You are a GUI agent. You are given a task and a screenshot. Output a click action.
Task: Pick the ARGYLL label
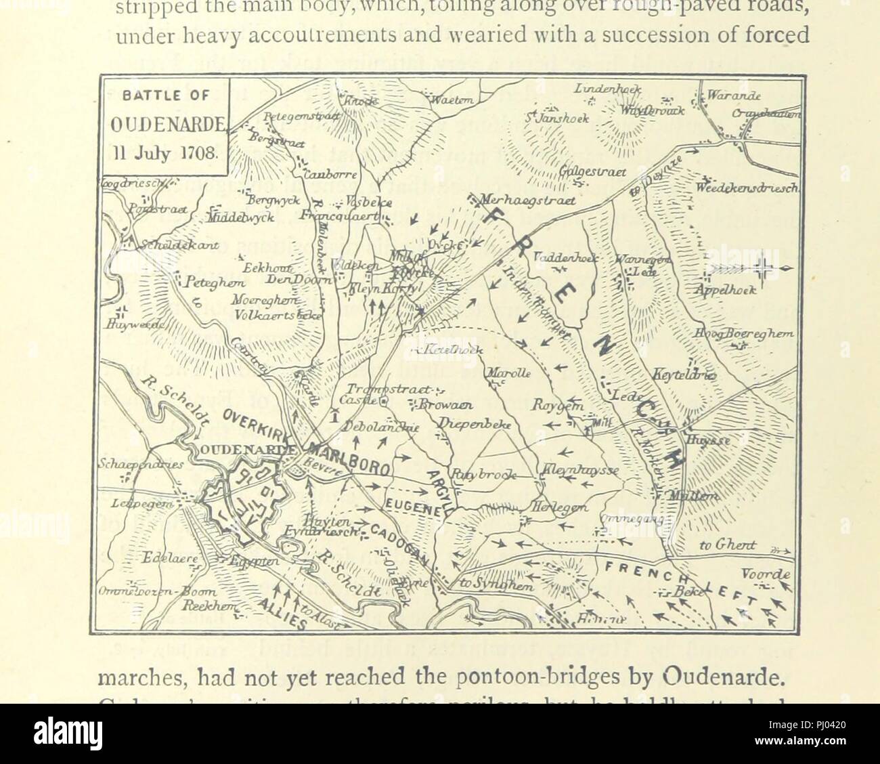point(440,485)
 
